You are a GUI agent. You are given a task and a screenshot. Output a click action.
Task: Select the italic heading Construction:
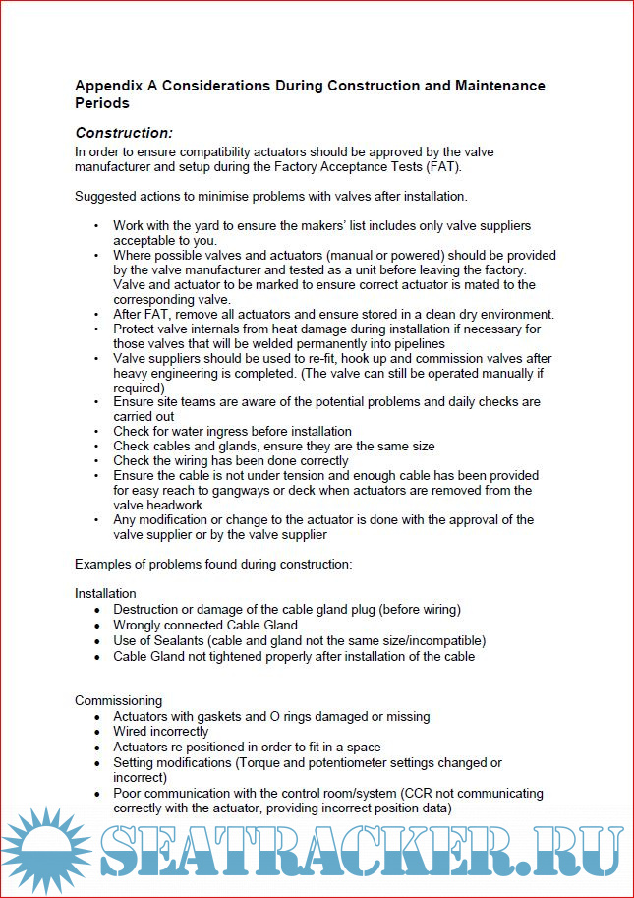point(124,133)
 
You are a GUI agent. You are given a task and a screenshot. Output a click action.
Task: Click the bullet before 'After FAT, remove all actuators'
point(96,315)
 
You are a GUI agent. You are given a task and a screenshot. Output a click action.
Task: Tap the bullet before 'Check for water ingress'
point(96,432)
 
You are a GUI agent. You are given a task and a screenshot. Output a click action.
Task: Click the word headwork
point(179,506)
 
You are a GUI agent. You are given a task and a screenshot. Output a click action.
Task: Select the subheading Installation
point(105,594)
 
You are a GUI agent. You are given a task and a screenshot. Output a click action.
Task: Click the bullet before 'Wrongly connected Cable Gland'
point(96,625)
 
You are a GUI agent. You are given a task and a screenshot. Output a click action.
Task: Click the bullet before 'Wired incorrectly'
point(96,732)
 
